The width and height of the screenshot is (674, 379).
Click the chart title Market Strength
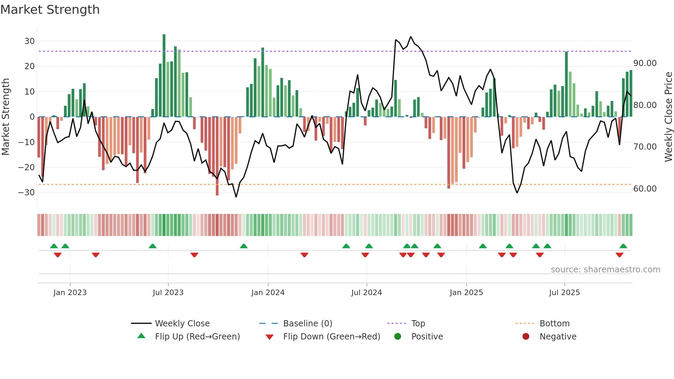pos(50,10)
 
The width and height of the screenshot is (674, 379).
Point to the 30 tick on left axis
pos(30,41)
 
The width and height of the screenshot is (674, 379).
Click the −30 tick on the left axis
pos(26,193)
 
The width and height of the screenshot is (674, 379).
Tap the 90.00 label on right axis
pos(645,63)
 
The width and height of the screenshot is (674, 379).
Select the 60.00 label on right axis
pos(645,189)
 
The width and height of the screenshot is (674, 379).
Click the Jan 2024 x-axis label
pos(268,293)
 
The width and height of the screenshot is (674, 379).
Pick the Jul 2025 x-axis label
pos(564,293)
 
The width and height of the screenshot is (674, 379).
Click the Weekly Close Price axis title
pos(668,117)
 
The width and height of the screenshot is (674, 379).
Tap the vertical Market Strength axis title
pos(6,117)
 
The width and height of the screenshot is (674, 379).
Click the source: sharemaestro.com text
pos(605,270)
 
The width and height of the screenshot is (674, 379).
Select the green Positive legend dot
pos(398,337)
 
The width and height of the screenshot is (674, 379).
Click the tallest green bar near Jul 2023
pos(164,76)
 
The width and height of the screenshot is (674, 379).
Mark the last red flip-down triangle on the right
pos(619,255)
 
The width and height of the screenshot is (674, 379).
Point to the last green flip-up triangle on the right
pos(623,246)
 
